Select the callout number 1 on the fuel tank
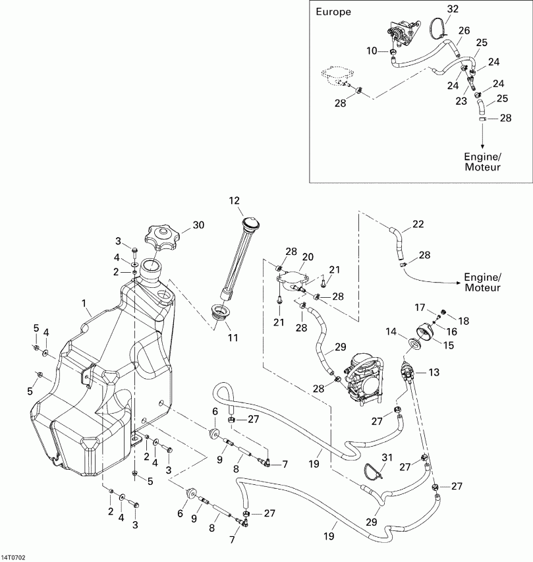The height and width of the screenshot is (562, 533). (x=84, y=304)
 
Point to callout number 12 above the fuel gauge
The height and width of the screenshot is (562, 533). (x=235, y=200)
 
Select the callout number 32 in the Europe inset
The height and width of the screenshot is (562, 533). (x=452, y=9)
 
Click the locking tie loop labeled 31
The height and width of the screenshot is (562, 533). (x=374, y=470)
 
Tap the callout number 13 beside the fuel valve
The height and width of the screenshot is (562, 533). (x=434, y=372)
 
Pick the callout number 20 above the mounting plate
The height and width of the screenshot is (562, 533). (x=308, y=256)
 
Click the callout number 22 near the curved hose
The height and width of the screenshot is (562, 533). (x=417, y=225)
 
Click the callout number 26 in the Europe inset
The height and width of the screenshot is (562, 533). (x=464, y=30)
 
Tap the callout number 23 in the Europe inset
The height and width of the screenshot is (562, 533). (x=460, y=101)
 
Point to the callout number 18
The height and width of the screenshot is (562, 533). (x=464, y=321)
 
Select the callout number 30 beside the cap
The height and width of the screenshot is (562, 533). (x=198, y=225)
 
